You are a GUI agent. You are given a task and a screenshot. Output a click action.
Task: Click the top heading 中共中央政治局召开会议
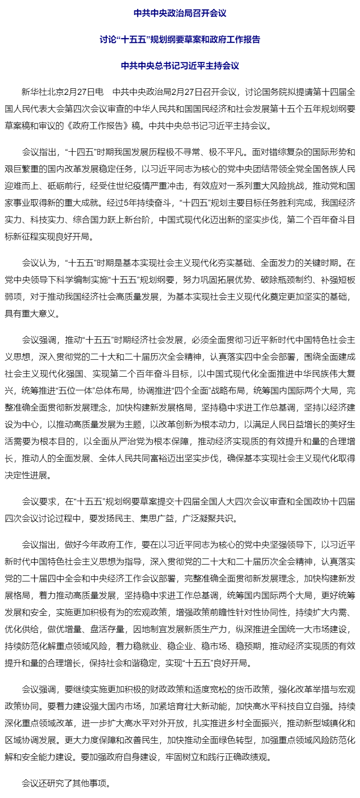180,13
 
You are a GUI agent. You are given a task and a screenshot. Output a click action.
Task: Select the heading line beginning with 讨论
180,39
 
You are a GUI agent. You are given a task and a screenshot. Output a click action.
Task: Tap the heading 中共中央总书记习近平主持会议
180,66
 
